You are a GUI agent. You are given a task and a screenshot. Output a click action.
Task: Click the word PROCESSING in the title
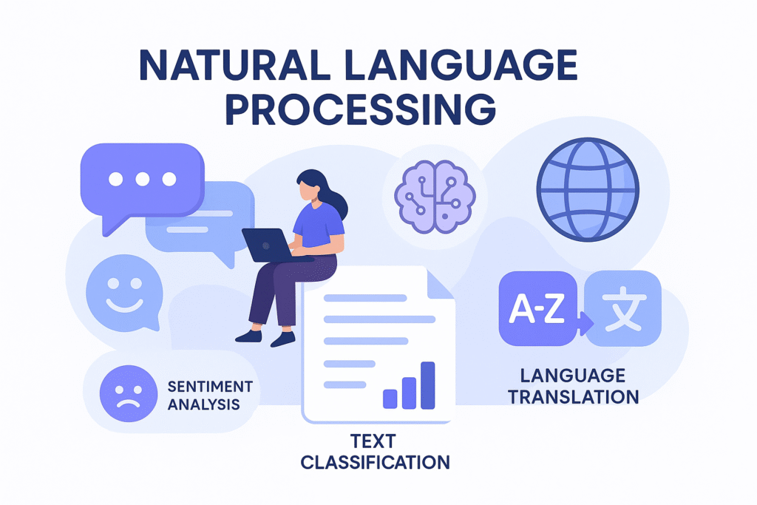361,110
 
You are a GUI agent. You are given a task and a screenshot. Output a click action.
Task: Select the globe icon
588,189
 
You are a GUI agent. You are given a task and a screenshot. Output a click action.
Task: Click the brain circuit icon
435,197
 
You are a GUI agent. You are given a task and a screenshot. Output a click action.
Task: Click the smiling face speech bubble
124,293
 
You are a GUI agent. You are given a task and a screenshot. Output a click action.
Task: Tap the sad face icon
129,393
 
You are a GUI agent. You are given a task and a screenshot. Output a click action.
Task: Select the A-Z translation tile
537,308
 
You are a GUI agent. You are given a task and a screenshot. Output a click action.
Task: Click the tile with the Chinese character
623,308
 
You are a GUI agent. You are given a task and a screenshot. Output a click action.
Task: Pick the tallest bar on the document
428,385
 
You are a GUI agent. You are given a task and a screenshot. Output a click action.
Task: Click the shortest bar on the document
390,399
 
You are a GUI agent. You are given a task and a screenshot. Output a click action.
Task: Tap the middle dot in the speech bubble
143,179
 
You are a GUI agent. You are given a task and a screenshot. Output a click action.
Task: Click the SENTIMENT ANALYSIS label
210,396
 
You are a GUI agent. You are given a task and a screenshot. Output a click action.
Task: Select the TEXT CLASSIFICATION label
375,452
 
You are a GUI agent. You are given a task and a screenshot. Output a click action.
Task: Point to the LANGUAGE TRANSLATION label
574,386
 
